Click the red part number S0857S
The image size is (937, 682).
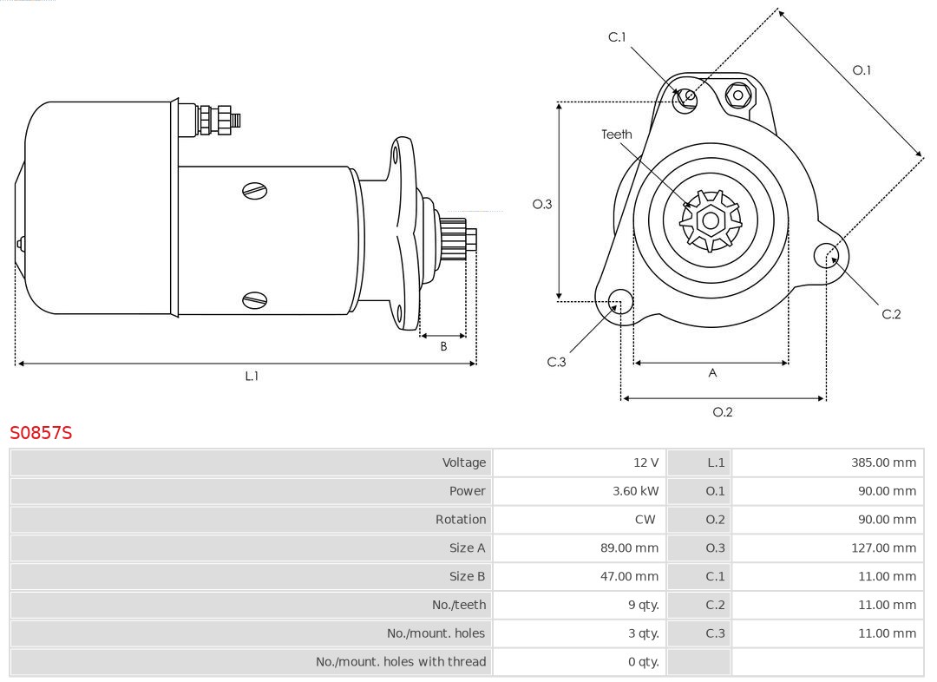tap(41, 432)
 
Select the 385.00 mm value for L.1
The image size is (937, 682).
tap(883, 462)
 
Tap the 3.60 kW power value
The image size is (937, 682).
tap(635, 491)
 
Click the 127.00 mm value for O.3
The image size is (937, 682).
tap(883, 548)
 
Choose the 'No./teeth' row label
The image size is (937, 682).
tap(459, 605)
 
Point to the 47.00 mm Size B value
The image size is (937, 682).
tap(629, 576)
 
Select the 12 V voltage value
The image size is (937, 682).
tap(645, 462)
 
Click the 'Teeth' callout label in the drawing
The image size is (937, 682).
tap(617, 134)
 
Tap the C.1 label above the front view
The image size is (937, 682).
tap(617, 36)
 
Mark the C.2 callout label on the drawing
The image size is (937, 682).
tap(891, 314)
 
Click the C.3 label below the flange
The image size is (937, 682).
tap(556, 362)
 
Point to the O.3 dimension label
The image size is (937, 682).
tap(542, 205)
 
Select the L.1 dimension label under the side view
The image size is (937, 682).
tap(252, 376)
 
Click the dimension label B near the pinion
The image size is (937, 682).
tap(443, 346)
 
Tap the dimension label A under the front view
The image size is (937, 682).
tap(713, 373)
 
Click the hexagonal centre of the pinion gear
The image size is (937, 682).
tap(711, 221)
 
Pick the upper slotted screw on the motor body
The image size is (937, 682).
tap(255, 190)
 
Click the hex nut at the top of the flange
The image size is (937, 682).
tap(737, 95)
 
